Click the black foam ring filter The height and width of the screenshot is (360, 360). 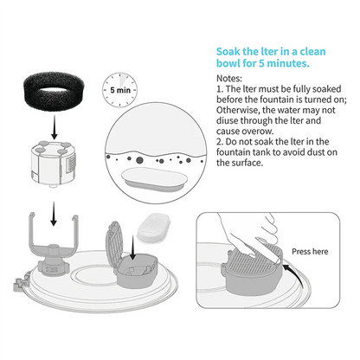(x=53, y=90)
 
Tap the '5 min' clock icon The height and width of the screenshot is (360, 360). (x=120, y=90)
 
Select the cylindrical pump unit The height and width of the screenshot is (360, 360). (x=54, y=164)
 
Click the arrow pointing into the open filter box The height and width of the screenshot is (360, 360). (x=132, y=247)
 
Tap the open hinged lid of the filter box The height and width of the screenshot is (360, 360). (x=114, y=244)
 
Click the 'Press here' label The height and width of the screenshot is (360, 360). (x=310, y=252)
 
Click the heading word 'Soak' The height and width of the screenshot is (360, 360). (x=228, y=52)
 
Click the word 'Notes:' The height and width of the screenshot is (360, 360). (x=229, y=79)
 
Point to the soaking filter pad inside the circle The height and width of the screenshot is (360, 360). (x=155, y=179)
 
